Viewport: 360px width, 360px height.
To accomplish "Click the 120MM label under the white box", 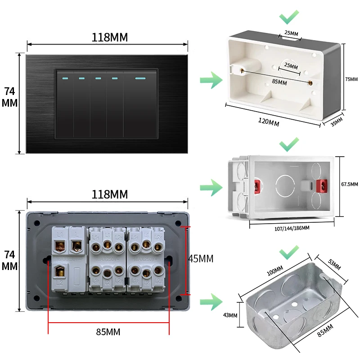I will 268,121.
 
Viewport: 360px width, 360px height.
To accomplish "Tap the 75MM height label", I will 351,79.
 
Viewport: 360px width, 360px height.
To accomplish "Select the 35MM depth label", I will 337,121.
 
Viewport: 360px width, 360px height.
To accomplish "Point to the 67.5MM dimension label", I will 350,184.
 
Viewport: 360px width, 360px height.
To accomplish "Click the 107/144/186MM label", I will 292,228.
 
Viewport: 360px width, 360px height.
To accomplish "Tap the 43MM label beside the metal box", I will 230,315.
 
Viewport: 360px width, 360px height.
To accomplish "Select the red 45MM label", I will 201,259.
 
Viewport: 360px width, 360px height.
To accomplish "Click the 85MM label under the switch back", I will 108,332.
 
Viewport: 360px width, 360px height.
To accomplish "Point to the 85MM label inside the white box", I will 279,82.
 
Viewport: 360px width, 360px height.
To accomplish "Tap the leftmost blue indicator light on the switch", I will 65,78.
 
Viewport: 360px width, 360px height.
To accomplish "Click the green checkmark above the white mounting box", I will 288,18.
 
